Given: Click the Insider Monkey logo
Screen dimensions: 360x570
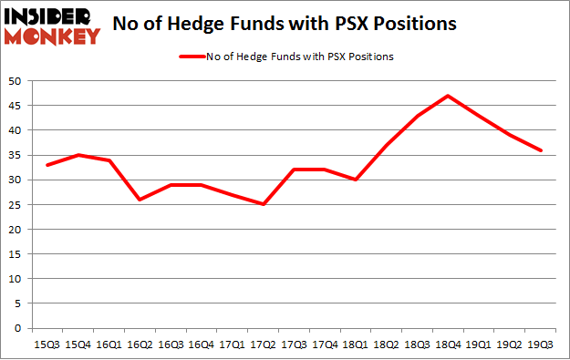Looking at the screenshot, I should [52, 25].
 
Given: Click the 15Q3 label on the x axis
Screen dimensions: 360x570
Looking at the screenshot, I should [47, 345].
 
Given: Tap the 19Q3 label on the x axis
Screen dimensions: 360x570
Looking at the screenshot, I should [541, 345].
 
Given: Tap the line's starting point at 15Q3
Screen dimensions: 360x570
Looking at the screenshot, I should [47, 165].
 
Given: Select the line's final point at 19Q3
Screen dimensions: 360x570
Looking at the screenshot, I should [541, 150].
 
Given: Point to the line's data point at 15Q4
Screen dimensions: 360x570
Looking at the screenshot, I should [78, 155].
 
